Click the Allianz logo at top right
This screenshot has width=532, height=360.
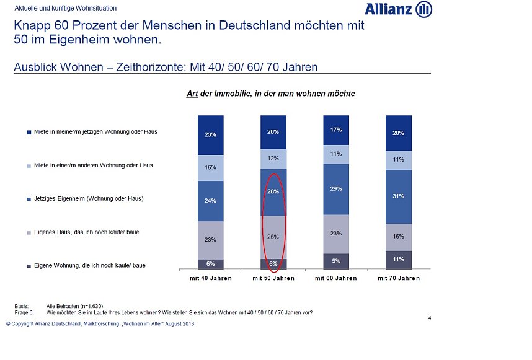[398, 9]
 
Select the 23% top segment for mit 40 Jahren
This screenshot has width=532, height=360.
[211, 134]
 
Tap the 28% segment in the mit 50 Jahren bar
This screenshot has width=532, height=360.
[273, 191]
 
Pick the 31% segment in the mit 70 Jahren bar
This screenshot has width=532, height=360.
[398, 196]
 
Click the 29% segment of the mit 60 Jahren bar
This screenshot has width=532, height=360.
[335, 188]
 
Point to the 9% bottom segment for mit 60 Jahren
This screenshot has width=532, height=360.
[335, 261]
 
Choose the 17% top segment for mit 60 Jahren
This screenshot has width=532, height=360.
[335, 130]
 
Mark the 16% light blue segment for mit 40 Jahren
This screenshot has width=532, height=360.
[211, 167]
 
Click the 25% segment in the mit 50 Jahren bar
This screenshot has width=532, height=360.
[273, 237]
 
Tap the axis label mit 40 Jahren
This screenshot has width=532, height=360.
[211, 278]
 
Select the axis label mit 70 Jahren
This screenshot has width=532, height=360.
[398, 278]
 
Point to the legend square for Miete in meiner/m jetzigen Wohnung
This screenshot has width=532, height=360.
[29, 132]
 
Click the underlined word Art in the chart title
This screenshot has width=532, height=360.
[192, 94]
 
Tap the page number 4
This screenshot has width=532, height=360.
[429, 318]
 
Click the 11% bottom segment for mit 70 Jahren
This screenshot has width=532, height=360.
[398, 260]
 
